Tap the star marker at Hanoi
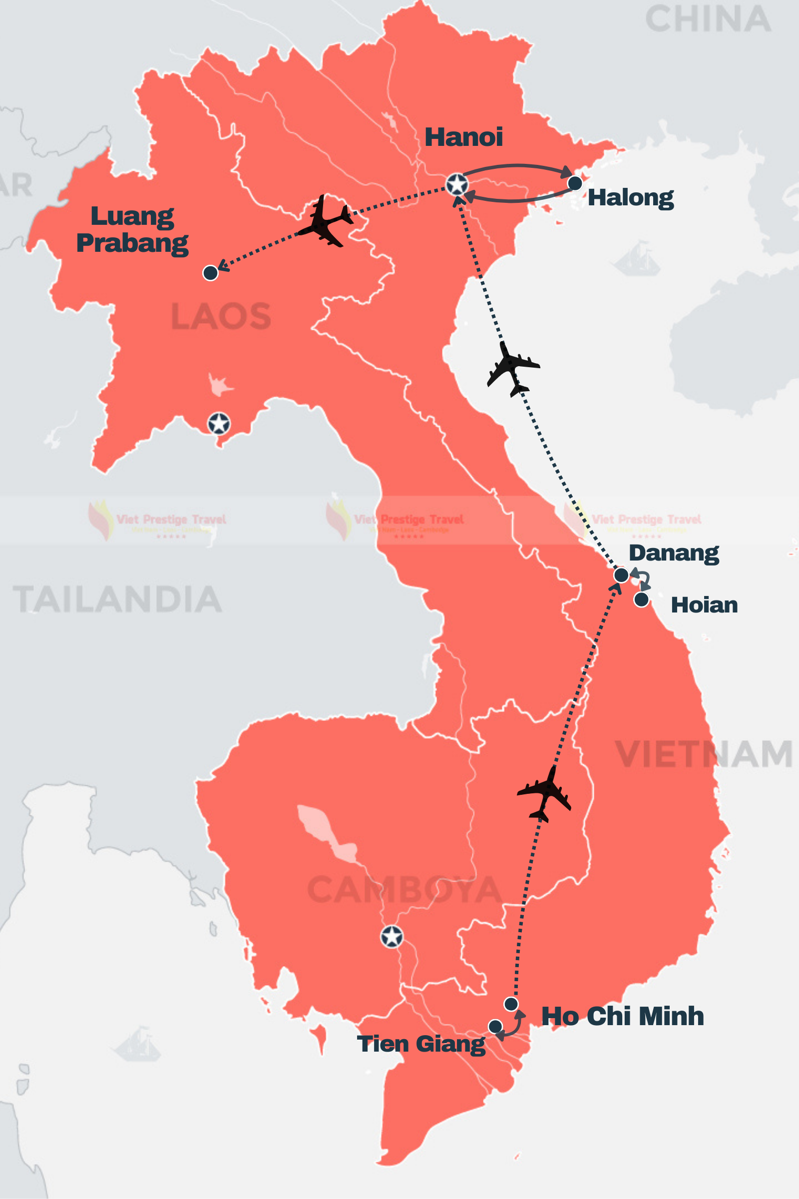pyautogui.click(x=456, y=184)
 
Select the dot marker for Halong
pyautogui.click(x=575, y=183)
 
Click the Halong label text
pyautogui.click(x=630, y=198)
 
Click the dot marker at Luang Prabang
pyautogui.click(x=210, y=273)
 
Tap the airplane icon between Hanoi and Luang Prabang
pyautogui.click(x=325, y=221)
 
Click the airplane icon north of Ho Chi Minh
pyautogui.click(x=544, y=793)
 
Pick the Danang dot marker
pyautogui.click(x=621, y=575)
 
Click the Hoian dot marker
pyautogui.click(x=641, y=599)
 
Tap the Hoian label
pyautogui.click(x=704, y=605)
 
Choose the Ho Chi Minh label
pyautogui.click(x=622, y=1016)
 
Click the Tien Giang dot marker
pyautogui.click(x=495, y=1026)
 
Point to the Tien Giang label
pyautogui.click(x=421, y=1044)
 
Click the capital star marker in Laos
pyautogui.click(x=219, y=423)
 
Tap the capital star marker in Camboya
pyautogui.click(x=392, y=936)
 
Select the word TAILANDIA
pyautogui.click(x=117, y=599)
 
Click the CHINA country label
pyautogui.click(x=708, y=19)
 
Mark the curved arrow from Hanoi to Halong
pyautogui.click(x=517, y=167)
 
